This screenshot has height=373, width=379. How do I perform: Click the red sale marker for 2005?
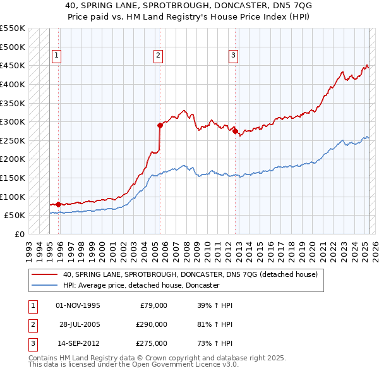160,125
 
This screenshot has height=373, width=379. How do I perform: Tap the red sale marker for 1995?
58,204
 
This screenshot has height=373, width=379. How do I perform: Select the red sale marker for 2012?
235,131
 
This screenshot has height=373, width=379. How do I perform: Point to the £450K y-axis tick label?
13,65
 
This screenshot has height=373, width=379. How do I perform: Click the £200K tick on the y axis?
13,159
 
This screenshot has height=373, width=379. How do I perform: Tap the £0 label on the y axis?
20,234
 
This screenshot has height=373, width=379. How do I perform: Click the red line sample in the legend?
45,274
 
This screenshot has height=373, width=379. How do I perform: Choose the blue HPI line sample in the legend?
45,285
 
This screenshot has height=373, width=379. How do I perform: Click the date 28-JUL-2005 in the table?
79,324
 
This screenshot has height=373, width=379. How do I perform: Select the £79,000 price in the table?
153,305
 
